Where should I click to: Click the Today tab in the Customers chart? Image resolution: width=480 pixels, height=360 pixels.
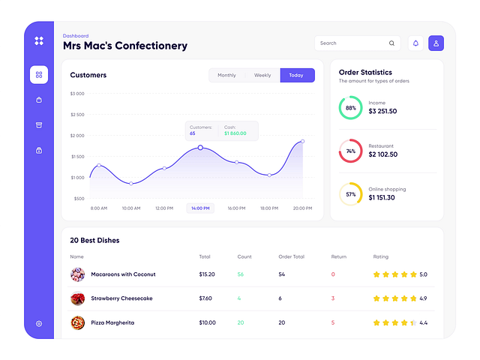point(297,75)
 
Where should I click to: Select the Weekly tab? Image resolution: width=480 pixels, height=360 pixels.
point(262,75)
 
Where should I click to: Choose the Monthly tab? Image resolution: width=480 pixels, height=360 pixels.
point(226,75)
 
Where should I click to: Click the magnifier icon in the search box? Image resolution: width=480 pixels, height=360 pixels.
point(391,43)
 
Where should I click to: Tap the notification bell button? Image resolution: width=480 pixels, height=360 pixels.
point(415,43)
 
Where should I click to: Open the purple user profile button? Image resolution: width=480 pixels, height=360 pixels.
point(436,43)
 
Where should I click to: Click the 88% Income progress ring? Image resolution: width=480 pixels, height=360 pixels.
point(350,107)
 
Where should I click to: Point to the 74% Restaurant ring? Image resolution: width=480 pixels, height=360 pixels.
point(350,151)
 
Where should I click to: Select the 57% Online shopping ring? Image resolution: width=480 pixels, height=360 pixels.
point(350,193)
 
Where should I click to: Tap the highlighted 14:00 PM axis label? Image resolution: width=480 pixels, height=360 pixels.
point(200,208)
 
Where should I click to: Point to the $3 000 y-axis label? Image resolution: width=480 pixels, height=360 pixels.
point(77,94)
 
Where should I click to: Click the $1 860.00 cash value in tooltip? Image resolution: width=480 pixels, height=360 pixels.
point(235,133)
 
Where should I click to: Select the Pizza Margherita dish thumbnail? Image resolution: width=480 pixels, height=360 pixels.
point(77,322)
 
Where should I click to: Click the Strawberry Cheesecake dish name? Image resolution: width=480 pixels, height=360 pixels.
point(121,298)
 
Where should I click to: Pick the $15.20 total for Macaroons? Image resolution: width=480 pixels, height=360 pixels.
point(207,274)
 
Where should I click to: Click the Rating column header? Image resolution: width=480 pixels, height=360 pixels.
point(381,256)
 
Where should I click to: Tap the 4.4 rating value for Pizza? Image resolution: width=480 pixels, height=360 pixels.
point(423,322)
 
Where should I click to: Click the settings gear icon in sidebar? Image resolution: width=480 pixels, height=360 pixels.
point(39,323)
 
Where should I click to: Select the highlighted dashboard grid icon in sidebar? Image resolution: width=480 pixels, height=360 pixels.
point(39,74)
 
